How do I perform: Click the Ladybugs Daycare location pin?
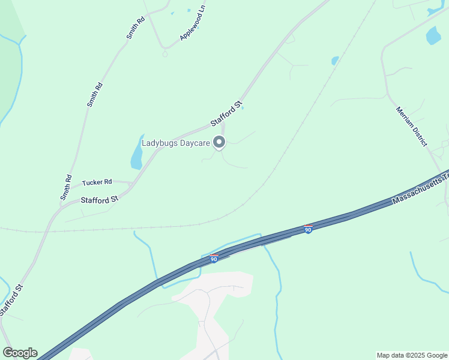[220, 142]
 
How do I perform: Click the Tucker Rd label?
[97, 182]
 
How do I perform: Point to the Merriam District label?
[411, 127]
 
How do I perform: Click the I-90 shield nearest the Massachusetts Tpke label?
[308, 229]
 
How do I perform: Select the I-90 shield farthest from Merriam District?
[213, 259]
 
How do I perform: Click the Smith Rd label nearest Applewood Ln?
[136, 28]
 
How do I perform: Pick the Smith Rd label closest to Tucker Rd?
[66, 187]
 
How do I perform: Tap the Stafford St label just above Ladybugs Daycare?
[226, 113]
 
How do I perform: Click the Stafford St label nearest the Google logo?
[11, 299]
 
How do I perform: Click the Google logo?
[20, 353]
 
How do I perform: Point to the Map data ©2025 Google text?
[412, 355]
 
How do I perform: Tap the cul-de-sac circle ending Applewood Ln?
[165, 54]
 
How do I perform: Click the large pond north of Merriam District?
[433, 36]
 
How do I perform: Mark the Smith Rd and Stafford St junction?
[61, 205]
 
